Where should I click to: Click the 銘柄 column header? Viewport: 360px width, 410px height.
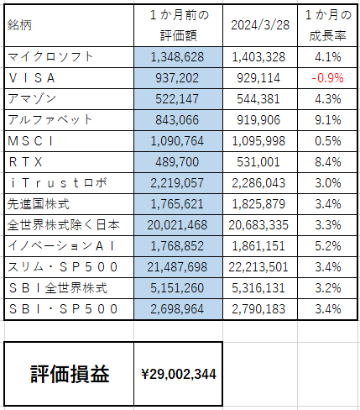click(19, 25)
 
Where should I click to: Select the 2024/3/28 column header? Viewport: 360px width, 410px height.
click(260, 25)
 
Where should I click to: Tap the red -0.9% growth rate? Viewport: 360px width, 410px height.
click(327, 78)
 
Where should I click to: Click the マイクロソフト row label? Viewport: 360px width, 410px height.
click(50, 57)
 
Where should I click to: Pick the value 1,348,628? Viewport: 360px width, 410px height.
click(177, 57)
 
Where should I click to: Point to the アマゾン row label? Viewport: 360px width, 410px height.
click(32, 99)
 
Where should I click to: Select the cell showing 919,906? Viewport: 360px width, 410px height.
click(258, 120)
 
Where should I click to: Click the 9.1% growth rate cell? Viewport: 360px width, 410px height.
click(328, 120)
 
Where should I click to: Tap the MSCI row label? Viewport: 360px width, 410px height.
click(30, 141)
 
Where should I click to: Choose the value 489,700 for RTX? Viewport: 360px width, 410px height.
click(177, 162)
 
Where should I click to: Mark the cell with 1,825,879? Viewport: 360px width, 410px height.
click(258, 204)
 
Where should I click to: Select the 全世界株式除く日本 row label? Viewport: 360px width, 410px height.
click(64, 225)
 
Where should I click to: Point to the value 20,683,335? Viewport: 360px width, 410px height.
click(258, 225)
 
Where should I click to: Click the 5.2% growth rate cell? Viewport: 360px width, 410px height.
click(328, 246)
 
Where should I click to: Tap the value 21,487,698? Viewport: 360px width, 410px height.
click(177, 267)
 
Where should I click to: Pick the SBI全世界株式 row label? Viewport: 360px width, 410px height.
click(58, 288)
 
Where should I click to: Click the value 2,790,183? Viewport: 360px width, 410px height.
click(258, 309)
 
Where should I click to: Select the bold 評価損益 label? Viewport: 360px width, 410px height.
click(70, 374)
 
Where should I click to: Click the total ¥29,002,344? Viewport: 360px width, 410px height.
click(179, 374)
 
